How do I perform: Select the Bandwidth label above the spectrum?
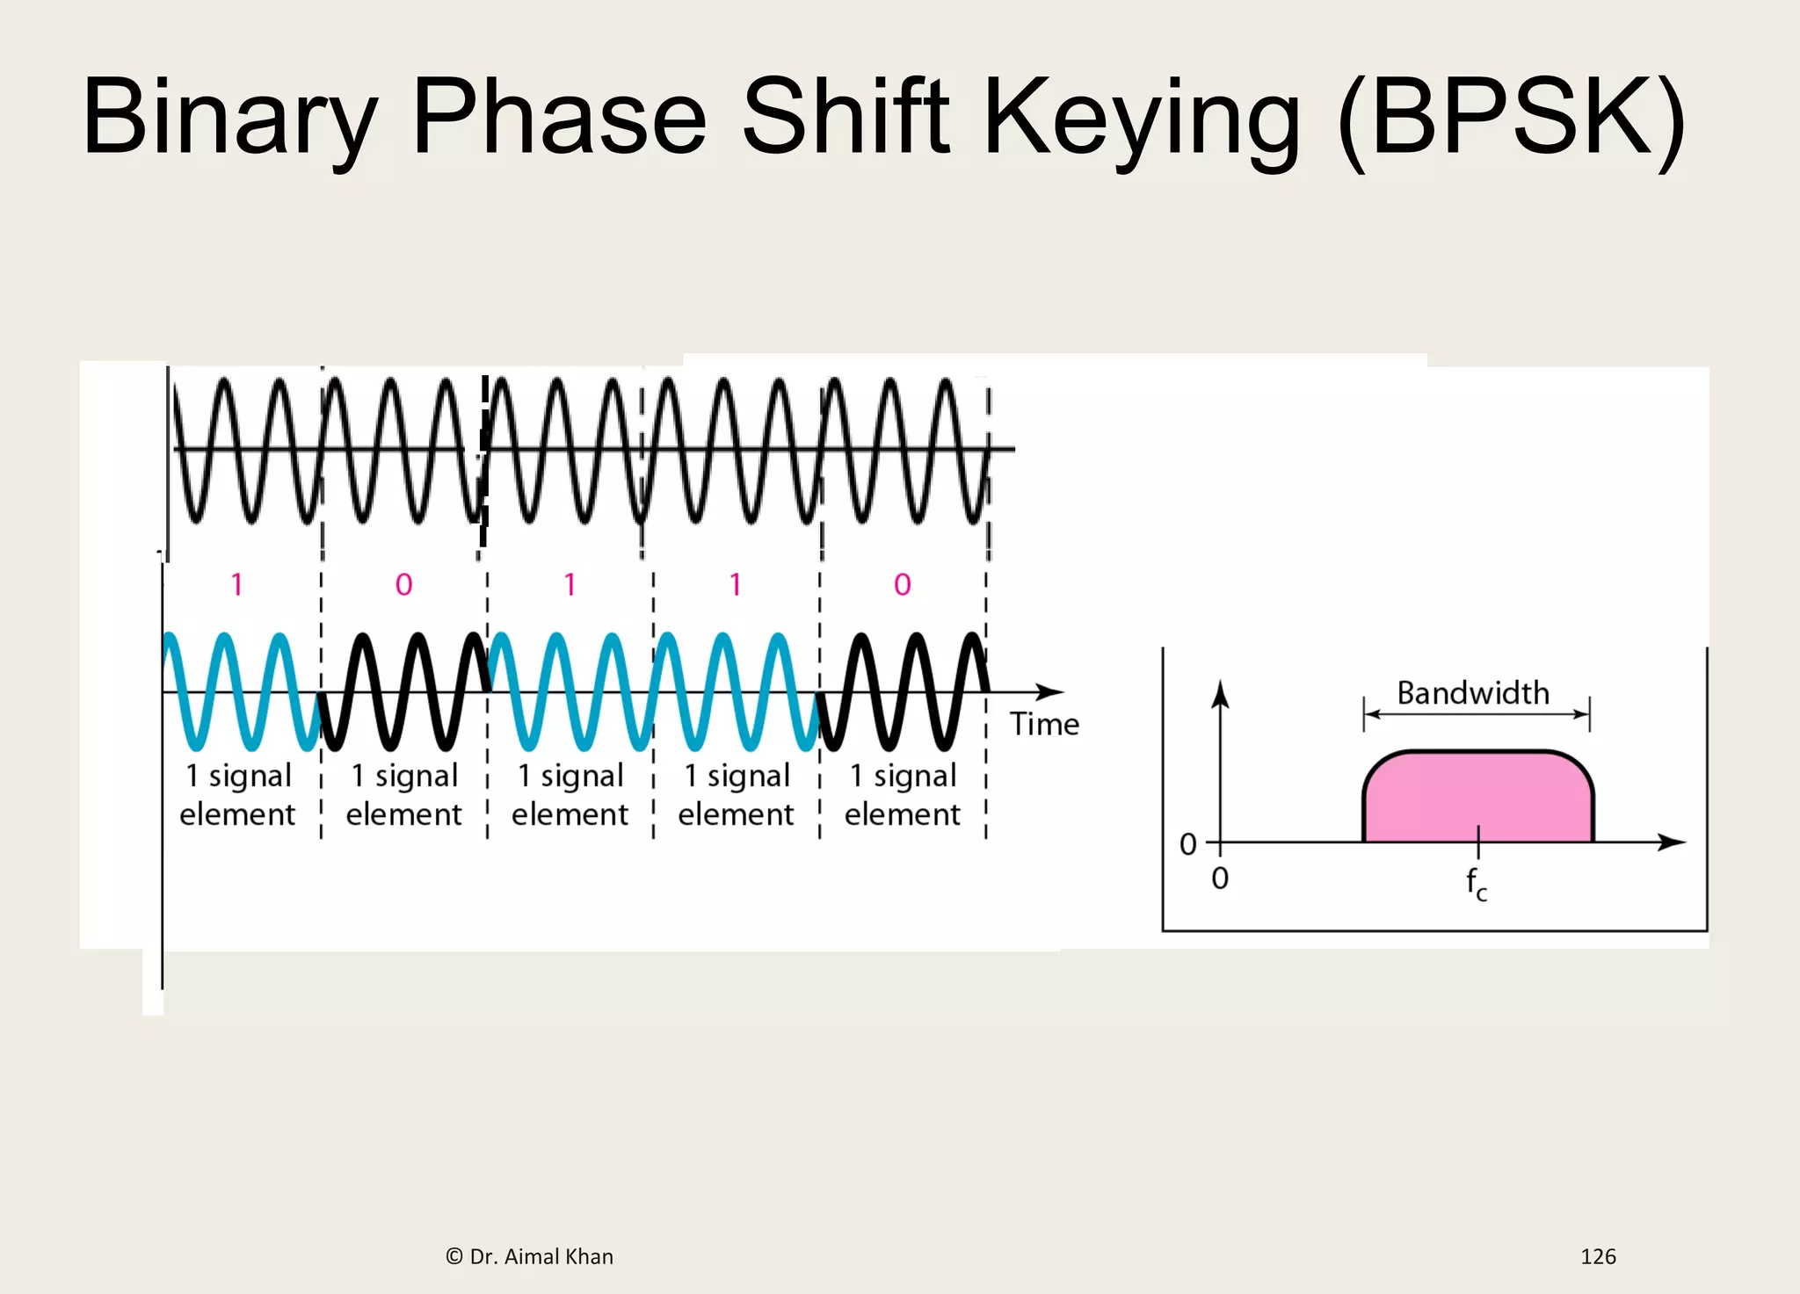pos(1473,693)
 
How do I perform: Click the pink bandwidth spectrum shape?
pos(1477,795)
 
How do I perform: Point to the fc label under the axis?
pos(1476,883)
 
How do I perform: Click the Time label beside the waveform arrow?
pos(1044,724)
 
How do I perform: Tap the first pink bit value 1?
pos(236,584)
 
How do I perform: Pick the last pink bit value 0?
pos(903,584)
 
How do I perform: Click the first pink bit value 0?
pos(403,584)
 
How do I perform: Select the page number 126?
pos(1597,1256)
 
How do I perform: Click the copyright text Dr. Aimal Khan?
pos(530,1256)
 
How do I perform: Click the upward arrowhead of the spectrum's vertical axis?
pos(1220,694)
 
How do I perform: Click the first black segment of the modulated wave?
pos(404,691)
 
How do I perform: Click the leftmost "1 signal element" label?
pos(237,794)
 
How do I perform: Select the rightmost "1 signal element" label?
pos(903,794)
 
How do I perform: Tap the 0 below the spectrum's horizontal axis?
pos(1220,878)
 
